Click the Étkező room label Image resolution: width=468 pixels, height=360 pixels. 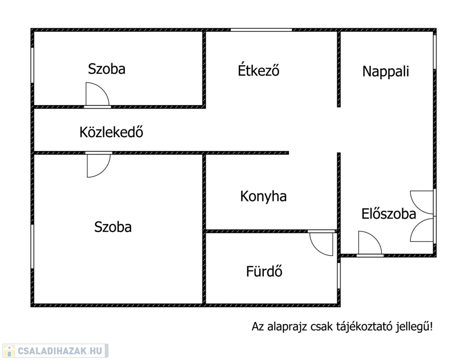[x=259, y=70]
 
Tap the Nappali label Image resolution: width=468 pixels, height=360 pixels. [x=386, y=72]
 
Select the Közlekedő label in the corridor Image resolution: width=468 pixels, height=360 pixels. [x=111, y=132]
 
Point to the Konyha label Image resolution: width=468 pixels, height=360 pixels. [x=263, y=196]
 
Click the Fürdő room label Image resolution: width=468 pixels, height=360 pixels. [x=264, y=271]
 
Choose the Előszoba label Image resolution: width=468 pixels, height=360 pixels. [x=389, y=214]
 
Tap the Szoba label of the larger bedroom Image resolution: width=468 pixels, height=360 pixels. [x=113, y=227]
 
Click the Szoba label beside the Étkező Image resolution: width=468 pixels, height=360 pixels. [x=106, y=69]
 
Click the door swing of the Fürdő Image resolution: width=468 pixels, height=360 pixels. [x=322, y=243]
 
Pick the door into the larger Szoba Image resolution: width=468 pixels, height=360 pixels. [x=99, y=165]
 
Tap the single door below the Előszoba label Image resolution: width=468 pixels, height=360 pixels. [x=370, y=244]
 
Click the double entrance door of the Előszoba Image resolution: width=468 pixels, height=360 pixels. [x=422, y=216]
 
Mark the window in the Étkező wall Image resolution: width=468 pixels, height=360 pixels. [x=261, y=30]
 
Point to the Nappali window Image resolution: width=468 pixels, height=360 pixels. [x=435, y=52]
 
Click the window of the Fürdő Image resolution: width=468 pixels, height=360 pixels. [x=339, y=276]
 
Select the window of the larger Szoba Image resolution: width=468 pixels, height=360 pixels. [x=32, y=247]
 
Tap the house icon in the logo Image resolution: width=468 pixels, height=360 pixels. [x=9, y=351]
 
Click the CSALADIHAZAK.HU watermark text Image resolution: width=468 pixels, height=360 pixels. [x=60, y=351]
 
